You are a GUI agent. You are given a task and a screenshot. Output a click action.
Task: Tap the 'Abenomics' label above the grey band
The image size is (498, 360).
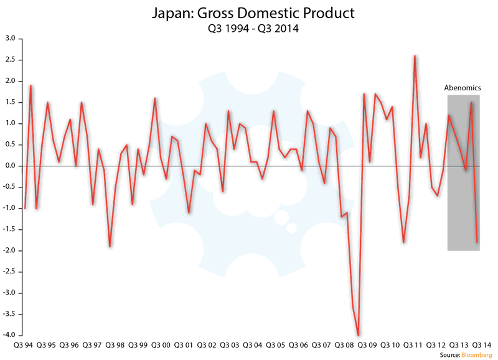point(463,88)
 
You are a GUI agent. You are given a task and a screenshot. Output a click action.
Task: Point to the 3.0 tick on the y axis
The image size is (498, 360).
point(11,39)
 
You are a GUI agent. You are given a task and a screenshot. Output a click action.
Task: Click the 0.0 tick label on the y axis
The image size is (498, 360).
point(11,166)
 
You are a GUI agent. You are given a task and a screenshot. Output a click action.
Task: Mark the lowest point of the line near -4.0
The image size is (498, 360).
point(358,335)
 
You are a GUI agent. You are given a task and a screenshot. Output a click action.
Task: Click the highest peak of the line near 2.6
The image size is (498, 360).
point(415,56)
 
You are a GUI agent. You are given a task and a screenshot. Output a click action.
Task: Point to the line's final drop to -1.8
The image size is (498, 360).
point(477,242)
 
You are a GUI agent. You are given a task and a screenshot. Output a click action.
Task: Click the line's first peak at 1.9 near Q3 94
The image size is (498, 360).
point(31,85)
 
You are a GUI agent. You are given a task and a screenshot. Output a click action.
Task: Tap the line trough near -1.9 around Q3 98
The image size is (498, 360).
point(110,246)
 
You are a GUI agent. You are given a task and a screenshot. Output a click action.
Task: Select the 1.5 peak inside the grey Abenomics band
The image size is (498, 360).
point(471,103)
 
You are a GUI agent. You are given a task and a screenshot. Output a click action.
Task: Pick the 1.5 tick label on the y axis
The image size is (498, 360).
point(11,102)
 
